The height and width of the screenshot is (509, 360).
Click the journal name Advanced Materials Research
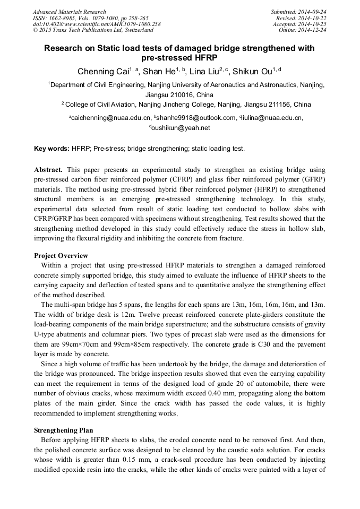[x=69, y=12]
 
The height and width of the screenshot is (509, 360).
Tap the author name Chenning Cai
[x=105, y=72]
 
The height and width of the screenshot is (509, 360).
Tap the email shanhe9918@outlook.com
[x=195, y=118]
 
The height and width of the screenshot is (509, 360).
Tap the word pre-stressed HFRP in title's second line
[x=179, y=57]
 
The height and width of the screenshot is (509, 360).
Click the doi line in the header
[x=97, y=24]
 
